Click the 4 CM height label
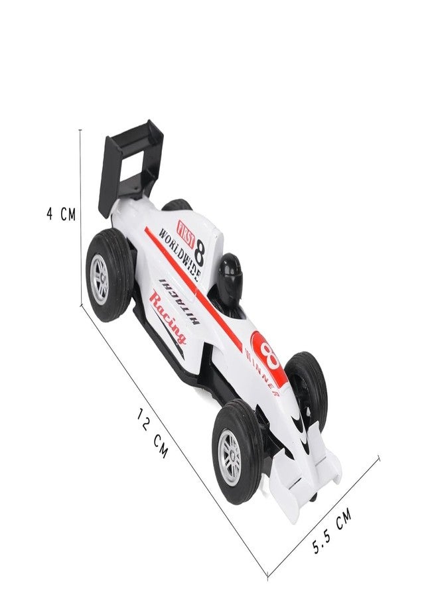coord(61,215)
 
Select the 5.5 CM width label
coord(331,531)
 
